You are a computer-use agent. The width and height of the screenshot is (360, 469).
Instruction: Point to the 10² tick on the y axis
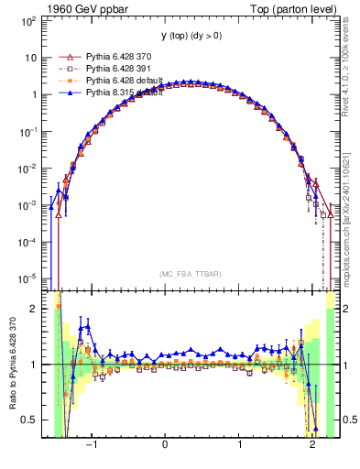tap(29, 19)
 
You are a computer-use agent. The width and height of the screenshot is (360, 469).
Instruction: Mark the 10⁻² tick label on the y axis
tap(29, 168)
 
